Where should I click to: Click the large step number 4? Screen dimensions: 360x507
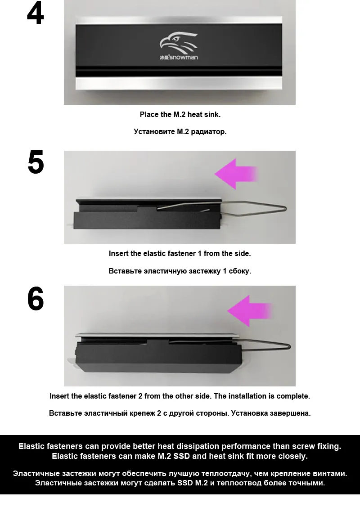coord(35,14)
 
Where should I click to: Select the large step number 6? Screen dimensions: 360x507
coord(36,299)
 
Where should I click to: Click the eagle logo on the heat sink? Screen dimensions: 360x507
coord(179,43)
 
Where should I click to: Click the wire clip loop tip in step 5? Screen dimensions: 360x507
coord(285,208)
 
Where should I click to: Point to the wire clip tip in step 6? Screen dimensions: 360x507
coord(289,346)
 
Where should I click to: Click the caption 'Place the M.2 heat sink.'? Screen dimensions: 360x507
coord(180,114)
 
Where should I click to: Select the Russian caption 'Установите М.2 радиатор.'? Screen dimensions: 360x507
coord(180,132)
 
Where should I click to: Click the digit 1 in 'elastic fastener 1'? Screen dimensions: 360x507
coord(199,254)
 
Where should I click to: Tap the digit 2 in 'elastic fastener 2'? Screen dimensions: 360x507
coord(140,396)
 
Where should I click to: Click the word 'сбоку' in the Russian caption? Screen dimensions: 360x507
coord(240,271)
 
